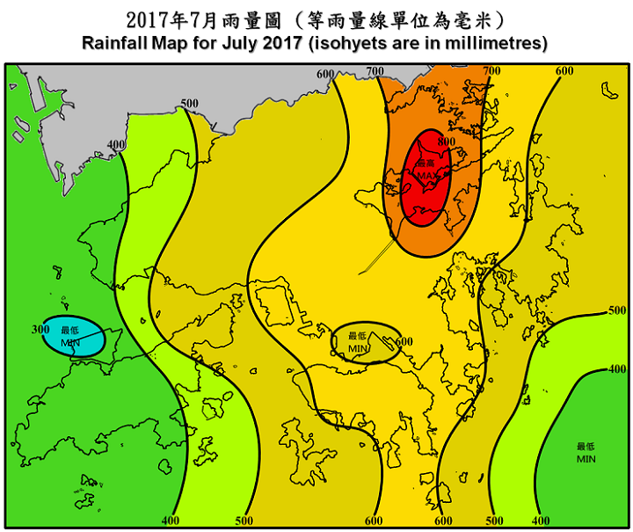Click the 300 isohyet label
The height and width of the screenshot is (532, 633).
(x=40, y=329)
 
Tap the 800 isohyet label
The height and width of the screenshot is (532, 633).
(x=447, y=141)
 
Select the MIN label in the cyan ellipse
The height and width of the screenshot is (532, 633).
(x=71, y=341)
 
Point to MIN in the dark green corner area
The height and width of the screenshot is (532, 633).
(x=586, y=459)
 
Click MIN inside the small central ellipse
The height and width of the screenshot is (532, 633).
(x=358, y=349)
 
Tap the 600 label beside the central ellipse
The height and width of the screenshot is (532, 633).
(x=404, y=341)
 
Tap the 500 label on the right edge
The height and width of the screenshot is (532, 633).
(x=617, y=310)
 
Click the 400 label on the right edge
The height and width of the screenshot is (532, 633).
(x=617, y=368)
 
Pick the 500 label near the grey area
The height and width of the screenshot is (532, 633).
(x=189, y=104)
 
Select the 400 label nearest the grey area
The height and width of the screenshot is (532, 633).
(x=116, y=144)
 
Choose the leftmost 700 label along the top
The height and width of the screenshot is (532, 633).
(x=375, y=71)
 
